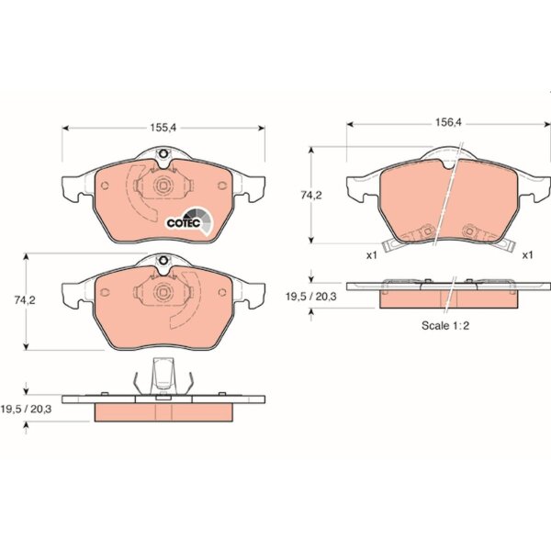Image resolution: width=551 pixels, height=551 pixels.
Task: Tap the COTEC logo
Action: pos(189,221)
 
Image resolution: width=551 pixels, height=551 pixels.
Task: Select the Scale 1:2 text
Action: pos(445,325)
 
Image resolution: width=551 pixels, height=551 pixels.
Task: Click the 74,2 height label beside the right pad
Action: pos(311,195)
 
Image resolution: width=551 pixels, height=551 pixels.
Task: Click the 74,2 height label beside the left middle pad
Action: pos(25,300)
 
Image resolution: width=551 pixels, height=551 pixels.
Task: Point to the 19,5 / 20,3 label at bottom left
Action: pos(26,409)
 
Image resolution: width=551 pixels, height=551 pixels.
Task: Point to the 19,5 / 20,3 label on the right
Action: pos(311,297)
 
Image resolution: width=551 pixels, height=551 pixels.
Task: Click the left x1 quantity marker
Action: pos(371,255)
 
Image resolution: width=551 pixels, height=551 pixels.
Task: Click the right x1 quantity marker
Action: pos(527,255)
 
